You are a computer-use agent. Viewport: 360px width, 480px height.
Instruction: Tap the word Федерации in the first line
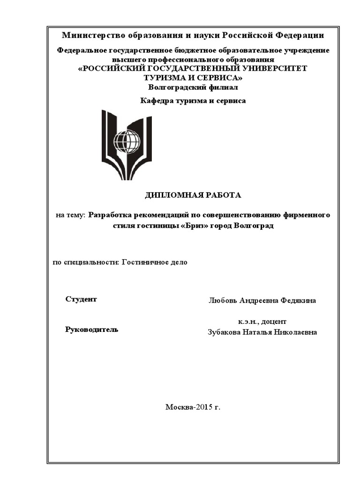pos(299,36)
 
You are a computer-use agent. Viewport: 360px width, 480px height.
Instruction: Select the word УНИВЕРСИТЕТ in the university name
pos(274,68)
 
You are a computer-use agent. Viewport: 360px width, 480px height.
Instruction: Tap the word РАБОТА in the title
pos(225,195)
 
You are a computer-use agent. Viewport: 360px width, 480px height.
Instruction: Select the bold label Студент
pos(81,299)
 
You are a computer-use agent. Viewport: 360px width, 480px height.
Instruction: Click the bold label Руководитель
pos(91,330)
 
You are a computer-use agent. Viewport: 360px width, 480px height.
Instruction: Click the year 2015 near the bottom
pos(203,407)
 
